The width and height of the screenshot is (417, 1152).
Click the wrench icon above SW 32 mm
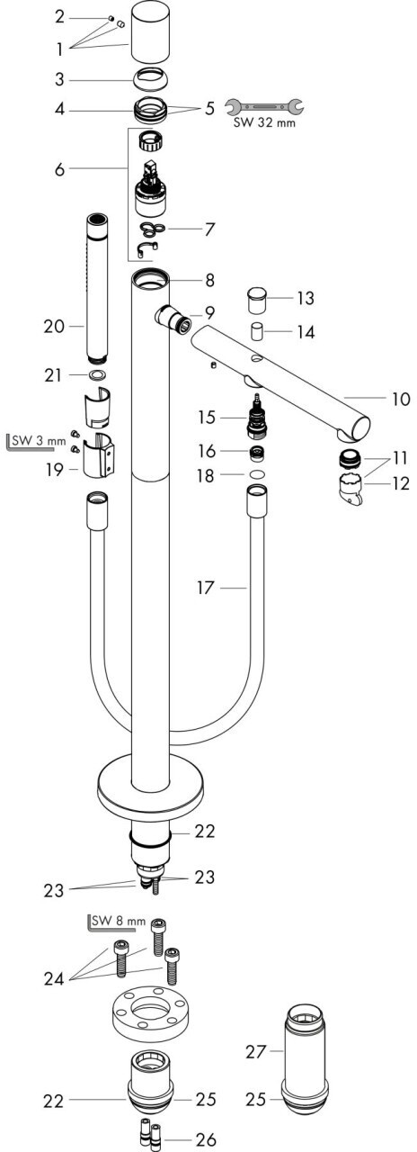(264, 107)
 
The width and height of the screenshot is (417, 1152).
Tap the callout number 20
(54, 326)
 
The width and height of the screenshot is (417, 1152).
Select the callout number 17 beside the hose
(205, 588)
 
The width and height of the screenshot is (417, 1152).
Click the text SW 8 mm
(119, 921)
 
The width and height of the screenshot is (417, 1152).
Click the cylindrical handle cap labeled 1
(150, 32)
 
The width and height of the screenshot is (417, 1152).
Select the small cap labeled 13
(256, 301)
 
